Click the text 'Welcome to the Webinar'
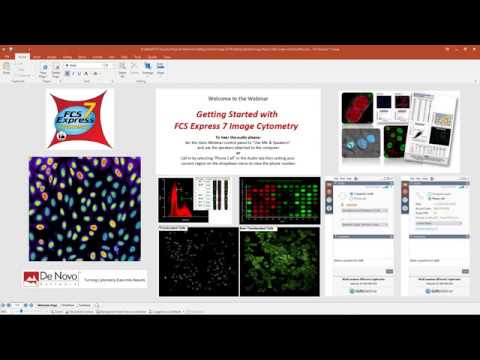click(x=237, y=98)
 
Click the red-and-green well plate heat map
click(x=280, y=201)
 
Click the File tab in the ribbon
click(x=21, y=57)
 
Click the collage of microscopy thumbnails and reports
click(x=398, y=131)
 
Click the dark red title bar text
click(x=240, y=47)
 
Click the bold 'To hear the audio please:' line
click(x=238, y=139)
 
